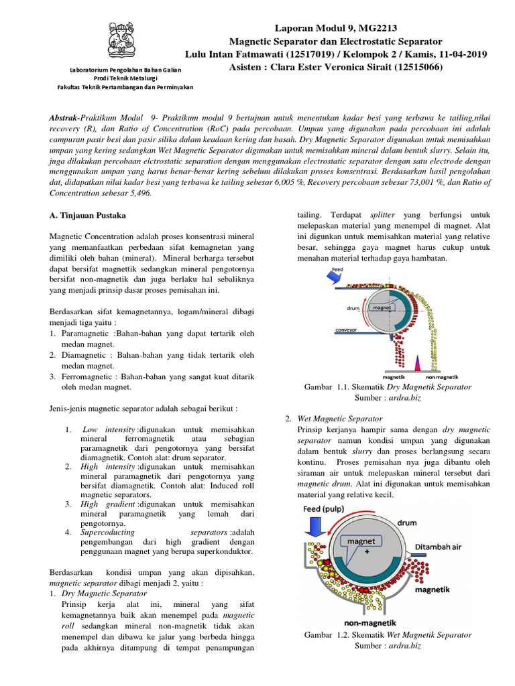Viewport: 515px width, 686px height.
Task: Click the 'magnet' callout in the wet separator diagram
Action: pos(365,541)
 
